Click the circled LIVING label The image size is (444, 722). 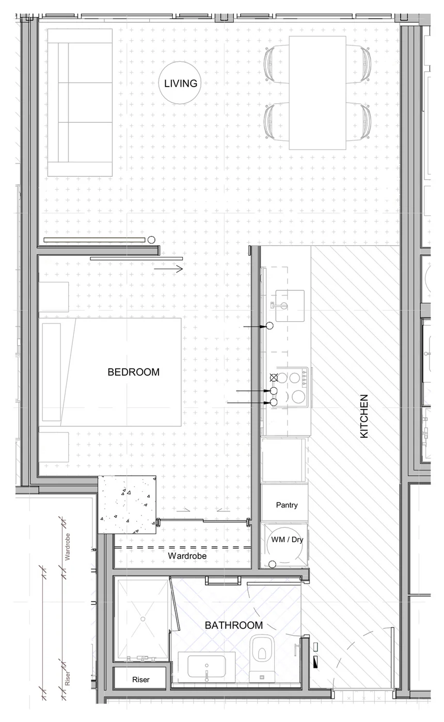180,83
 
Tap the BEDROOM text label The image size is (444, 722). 134,372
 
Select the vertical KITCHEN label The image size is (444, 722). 364,416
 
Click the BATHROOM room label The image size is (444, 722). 234,625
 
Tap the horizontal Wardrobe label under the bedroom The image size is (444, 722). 187,556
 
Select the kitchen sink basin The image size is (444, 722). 290,306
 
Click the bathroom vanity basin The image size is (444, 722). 207,664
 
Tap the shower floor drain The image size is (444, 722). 142,618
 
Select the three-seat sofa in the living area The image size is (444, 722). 80,103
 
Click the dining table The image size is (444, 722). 318,93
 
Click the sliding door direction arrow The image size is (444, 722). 168,269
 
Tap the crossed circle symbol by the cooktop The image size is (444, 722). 274,377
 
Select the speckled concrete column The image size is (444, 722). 127,504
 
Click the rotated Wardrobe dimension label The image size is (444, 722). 68,547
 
